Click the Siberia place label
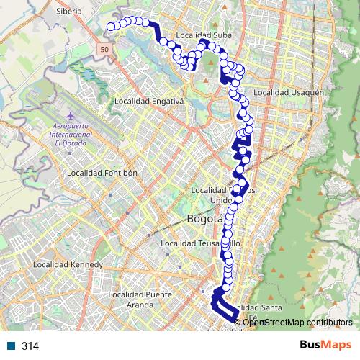(x=68, y=12)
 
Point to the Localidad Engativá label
(x=149, y=102)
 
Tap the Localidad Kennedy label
(x=68, y=264)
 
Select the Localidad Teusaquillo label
(x=205, y=243)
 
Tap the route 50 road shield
(x=105, y=48)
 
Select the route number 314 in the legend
(x=30, y=346)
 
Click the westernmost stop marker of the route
(x=112, y=27)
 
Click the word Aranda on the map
(x=139, y=305)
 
